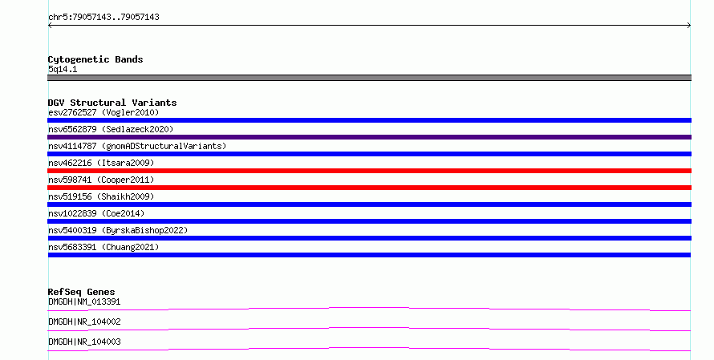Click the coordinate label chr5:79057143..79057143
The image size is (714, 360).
pos(103,18)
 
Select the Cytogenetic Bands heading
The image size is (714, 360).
pos(95,59)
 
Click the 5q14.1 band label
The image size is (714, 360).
pos(63,69)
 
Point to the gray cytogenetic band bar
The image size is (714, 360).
pos(369,78)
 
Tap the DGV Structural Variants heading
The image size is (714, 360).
pos(112,103)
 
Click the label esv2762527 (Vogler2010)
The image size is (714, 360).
pos(103,112)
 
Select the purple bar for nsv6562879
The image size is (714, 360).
pos(369,137)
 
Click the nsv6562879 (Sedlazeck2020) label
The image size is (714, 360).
pos(111,129)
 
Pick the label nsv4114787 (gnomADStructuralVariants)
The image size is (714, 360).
pos(137,146)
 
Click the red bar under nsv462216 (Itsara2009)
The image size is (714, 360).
pos(369,171)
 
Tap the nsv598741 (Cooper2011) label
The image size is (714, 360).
pos(101,180)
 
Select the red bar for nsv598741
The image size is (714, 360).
pos(369,188)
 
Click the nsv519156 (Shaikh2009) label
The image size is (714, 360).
pos(101,196)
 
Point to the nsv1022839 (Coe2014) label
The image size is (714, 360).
pos(96,213)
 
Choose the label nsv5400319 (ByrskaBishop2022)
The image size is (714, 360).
pos(118,230)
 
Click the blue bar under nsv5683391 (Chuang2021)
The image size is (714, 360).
pos(369,255)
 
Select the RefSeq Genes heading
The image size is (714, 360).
pos(82,292)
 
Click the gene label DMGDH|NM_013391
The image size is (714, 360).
pos(84,301)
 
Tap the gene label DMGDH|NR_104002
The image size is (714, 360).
pos(84,322)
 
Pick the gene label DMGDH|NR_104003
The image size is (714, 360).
pos(84,342)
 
